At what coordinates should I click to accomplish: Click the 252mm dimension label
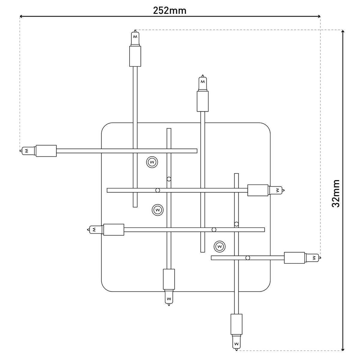tap(169, 10)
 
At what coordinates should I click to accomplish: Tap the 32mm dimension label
tap(336, 193)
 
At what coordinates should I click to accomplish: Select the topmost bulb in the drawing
tap(135, 38)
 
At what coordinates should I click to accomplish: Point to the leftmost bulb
tap(27, 151)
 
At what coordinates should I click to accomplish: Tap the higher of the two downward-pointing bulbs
tap(169, 298)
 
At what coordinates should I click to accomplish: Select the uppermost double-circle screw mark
tap(152, 162)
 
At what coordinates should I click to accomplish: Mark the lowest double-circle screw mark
tap(220, 246)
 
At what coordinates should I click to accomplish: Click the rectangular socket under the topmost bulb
tap(135, 56)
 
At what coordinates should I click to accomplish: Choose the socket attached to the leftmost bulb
tap(46, 151)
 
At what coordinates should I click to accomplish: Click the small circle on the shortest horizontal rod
tap(248, 258)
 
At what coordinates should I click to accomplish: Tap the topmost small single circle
tap(169, 179)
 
